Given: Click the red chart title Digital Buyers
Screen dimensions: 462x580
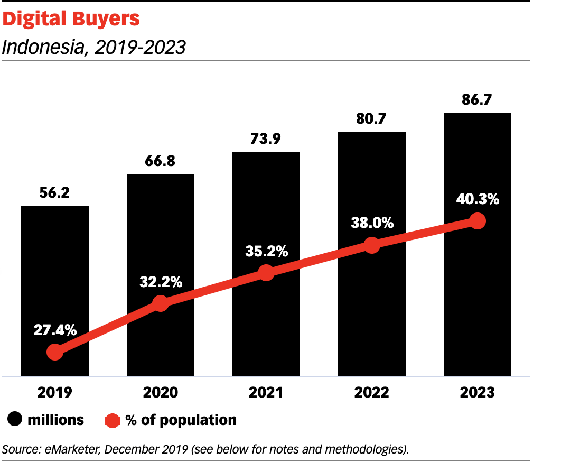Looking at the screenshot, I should tap(71, 19).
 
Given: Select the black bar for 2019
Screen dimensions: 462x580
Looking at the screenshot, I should tap(55, 275).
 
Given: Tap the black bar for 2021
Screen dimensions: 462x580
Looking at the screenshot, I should tap(266, 211).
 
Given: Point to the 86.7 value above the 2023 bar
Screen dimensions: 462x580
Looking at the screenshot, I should tap(478, 99).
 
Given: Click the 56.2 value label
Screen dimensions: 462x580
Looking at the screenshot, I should tap(55, 193).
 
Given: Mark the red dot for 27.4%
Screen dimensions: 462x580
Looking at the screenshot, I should tap(55, 352).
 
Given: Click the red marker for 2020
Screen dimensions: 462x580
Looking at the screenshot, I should tap(161, 303).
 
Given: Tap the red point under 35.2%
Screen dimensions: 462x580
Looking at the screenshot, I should tap(266, 273).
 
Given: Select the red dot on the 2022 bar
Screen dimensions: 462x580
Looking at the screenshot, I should tap(372, 245).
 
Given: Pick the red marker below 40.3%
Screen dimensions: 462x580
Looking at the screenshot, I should tap(478, 221).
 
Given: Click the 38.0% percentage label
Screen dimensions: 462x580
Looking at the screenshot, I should tap(372, 223).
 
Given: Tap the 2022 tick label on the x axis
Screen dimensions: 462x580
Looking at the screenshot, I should tap(372, 393).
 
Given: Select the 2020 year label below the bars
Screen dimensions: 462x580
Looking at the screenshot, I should tap(161, 393).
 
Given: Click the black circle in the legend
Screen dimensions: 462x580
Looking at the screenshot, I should tap(15, 420).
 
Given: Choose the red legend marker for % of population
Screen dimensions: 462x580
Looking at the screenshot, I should tap(113, 420).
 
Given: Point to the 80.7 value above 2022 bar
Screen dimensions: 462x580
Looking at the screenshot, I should tap(372, 119).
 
